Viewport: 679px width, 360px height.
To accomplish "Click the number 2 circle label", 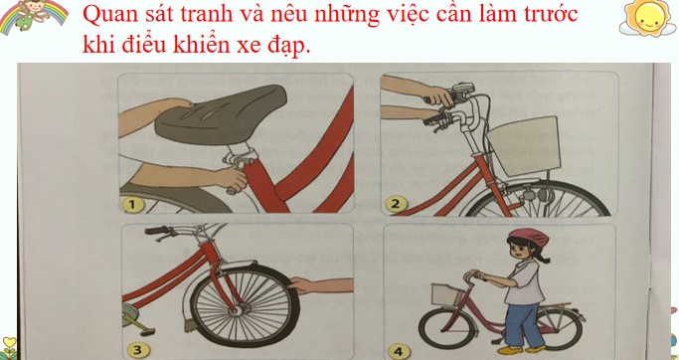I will point(396,205).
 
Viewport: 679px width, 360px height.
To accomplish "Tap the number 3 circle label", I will point(137,349).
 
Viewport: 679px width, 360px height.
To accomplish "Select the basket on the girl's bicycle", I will point(444,295).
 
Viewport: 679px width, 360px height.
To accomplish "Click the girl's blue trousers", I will point(522,323).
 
